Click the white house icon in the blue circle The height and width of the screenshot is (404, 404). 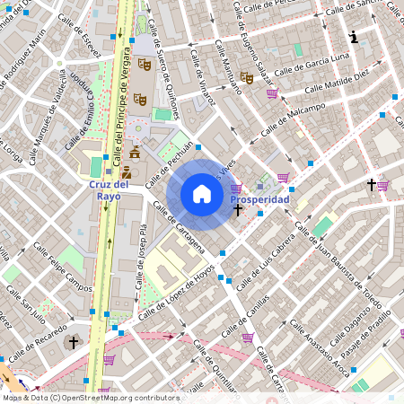(202, 194)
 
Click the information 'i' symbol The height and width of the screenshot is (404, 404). (354, 38)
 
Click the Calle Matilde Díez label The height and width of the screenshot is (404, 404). (337, 83)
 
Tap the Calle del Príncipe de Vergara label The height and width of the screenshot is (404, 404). (117, 108)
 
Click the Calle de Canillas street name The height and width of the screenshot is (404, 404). (266, 311)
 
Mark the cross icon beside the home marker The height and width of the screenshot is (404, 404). (238, 210)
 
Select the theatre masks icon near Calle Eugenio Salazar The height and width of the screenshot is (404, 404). (246, 78)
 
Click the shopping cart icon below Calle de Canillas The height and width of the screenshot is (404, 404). (248, 338)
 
